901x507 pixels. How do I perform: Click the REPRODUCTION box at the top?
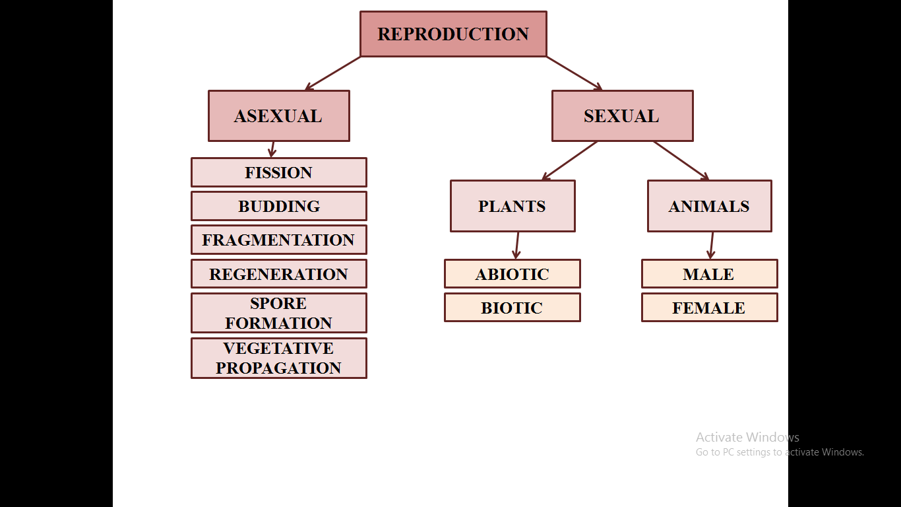[x=453, y=34]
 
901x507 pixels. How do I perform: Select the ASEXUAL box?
[x=279, y=116]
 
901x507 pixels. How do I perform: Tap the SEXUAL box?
[x=622, y=116]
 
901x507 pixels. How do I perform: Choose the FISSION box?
[x=279, y=172]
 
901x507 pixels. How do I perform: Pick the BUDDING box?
[x=279, y=206]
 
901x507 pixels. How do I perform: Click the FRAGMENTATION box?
[x=279, y=240]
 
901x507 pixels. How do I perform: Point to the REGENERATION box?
[x=279, y=274]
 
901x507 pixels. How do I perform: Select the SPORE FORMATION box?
[x=279, y=313]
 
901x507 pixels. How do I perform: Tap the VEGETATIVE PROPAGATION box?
[x=279, y=358]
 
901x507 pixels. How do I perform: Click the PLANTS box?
[x=513, y=206]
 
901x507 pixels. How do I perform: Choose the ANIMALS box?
[x=710, y=206]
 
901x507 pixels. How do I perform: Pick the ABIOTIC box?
[x=513, y=274]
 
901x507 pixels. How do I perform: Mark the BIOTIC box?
[x=513, y=307]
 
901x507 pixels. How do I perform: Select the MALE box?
[x=710, y=274]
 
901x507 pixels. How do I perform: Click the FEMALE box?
[x=710, y=307]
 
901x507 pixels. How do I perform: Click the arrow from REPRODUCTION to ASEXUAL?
[x=332, y=73]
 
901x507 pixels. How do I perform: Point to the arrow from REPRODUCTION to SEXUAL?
[x=575, y=73]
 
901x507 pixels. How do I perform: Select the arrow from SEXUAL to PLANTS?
[x=570, y=160]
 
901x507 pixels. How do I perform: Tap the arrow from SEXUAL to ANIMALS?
[x=681, y=160]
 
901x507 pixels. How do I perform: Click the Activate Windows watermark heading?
[x=747, y=437]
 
